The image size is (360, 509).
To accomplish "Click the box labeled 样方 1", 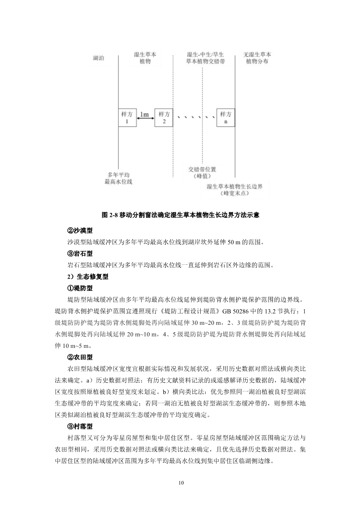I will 127,117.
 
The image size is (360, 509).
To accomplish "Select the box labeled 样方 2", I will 164,117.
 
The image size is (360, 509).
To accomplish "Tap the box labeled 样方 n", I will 225,117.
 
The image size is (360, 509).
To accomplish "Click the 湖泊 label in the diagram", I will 99,58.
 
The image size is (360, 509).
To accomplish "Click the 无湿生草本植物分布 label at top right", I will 257,58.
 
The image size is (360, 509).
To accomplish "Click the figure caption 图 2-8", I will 180,215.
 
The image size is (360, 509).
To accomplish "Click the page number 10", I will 180,483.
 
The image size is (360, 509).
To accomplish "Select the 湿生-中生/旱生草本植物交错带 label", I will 205,58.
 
